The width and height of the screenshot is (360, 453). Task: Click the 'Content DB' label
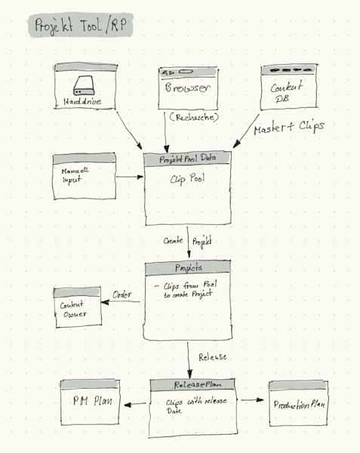click(x=287, y=92)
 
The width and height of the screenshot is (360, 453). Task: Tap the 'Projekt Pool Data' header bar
click(x=186, y=159)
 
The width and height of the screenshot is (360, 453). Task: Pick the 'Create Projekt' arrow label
click(x=187, y=241)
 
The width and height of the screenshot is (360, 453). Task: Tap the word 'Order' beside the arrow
click(x=122, y=294)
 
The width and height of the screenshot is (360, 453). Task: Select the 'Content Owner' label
click(x=74, y=310)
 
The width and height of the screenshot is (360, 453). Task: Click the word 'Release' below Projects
click(x=212, y=356)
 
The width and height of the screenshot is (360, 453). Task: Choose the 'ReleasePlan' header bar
click(x=192, y=384)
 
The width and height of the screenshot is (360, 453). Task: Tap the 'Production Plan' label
click(x=299, y=404)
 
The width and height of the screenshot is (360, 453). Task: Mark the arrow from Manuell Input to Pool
click(x=129, y=178)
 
